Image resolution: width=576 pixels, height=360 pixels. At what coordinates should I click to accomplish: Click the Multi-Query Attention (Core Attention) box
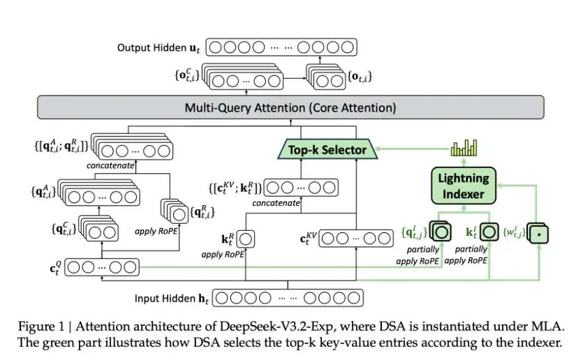point(290,108)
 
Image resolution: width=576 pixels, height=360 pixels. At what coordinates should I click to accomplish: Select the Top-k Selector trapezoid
point(327,149)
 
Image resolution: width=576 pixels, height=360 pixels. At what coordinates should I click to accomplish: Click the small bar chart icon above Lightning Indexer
point(464,148)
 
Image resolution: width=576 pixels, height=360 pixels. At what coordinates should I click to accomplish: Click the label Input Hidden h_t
point(172,299)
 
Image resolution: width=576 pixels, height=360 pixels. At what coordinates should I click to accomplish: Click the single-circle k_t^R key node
point(247,239)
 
